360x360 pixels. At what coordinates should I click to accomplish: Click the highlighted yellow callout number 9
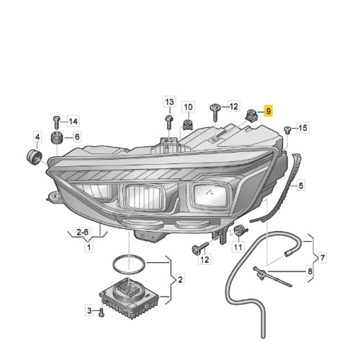[269, 112]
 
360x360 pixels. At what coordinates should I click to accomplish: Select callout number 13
[168, 101]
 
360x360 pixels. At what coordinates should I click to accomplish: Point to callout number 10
[187, 107]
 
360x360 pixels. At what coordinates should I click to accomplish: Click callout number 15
[302, 128]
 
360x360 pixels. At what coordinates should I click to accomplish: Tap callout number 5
[301, 185]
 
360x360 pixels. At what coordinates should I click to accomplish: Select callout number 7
[323, 256]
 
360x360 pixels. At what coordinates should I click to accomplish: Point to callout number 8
[310, 271]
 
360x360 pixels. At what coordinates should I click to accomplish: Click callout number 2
[180, 279]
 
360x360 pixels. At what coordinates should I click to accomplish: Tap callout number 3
[89, 310]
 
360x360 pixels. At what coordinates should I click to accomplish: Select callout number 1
[89, 247]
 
